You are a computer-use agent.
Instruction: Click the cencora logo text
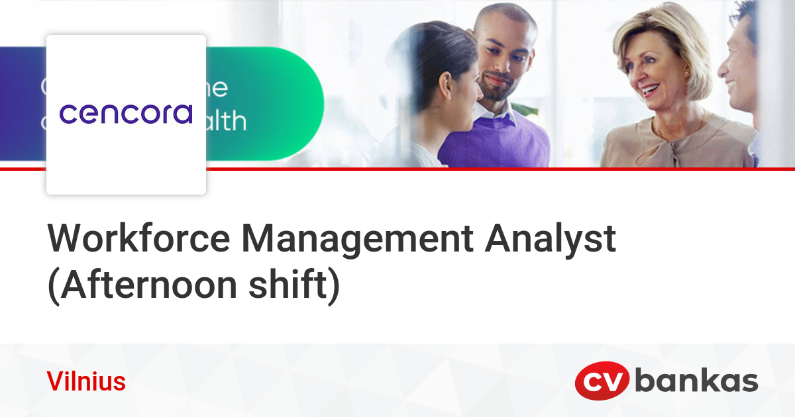tap(126, 113)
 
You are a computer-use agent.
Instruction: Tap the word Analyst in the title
tap(551, 239)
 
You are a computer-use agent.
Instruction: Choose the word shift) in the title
tap(294, 285)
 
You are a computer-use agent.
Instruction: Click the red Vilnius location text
tap(86, 382)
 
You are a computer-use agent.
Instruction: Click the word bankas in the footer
tap(696, 382)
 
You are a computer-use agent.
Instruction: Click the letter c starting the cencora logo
tap(68, 114)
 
